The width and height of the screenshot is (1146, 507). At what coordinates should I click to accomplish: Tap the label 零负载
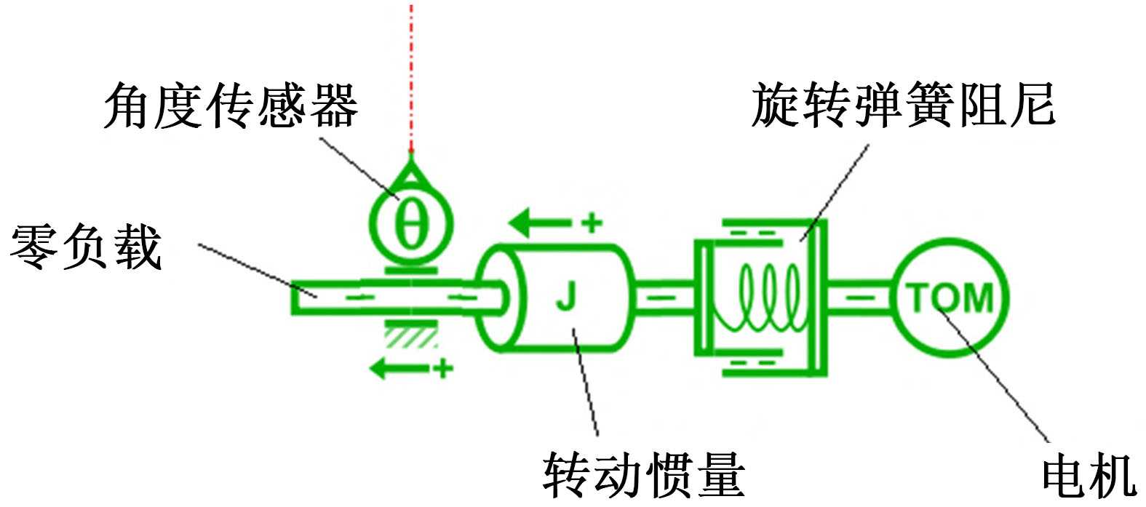coord(85,247)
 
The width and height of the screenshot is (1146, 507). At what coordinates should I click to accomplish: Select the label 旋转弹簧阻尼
coord(902,106)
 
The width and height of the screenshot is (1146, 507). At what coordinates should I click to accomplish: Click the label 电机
coord(1089,477)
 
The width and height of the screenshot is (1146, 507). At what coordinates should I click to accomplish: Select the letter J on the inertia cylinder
coord(565,298)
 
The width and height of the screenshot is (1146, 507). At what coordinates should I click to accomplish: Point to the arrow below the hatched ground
coord(401,369)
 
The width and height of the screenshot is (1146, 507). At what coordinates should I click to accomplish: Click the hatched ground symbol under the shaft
coord(412,335)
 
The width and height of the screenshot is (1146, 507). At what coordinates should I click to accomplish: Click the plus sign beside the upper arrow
coord(593,222)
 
